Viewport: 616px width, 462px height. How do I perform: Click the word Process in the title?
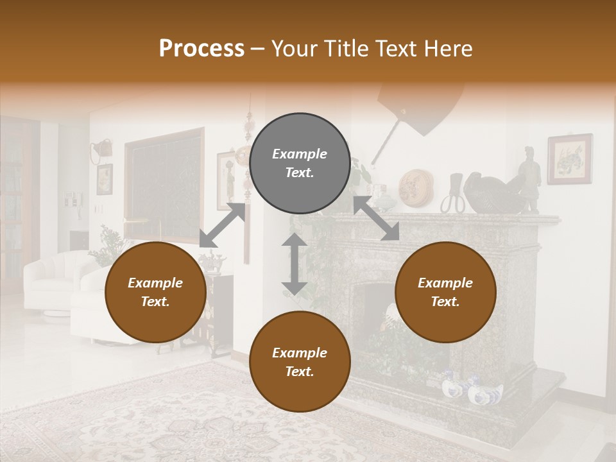tap(201, 49)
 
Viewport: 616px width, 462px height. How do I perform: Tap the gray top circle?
tap(300, 164)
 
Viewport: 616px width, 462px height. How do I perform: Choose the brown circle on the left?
tap(155, 293)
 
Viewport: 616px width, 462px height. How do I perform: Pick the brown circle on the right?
tap(445, 293)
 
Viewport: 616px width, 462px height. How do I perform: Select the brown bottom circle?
tap(300, 362)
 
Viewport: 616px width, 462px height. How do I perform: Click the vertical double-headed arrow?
tap(295, 264)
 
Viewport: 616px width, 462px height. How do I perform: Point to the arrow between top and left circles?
tap(223, 225)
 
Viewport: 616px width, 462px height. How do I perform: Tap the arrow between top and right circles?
tap(377, 218)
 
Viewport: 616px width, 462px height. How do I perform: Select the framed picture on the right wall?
tap(569, 158)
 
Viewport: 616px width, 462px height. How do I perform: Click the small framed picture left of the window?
tap(105, 178)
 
